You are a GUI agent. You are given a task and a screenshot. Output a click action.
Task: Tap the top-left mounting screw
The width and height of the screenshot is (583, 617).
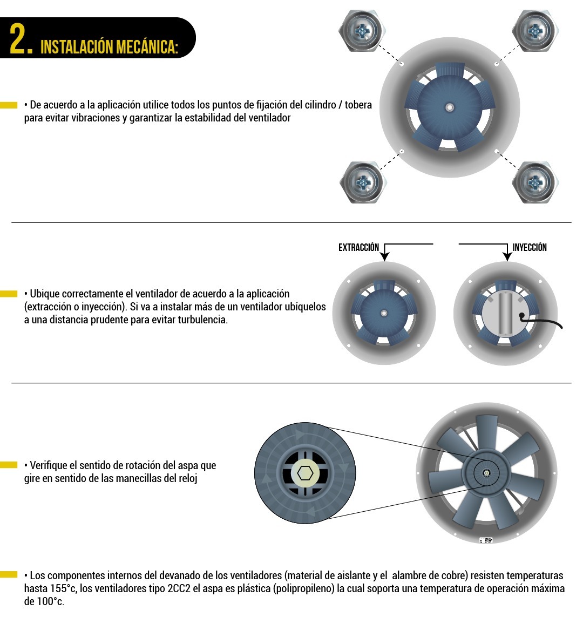pos(362,31)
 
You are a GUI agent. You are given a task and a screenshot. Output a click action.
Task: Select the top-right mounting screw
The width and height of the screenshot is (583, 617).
pos(535,31)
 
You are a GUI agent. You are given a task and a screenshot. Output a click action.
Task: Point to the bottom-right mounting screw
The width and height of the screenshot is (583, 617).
pos(535,182)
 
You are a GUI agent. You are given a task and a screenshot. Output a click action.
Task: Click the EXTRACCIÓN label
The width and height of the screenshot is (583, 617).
pos(358,248)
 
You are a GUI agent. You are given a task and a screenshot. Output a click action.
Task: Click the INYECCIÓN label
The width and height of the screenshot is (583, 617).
pos(530,248)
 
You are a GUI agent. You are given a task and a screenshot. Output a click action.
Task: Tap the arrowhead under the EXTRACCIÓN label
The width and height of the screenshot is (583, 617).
pos(385,256)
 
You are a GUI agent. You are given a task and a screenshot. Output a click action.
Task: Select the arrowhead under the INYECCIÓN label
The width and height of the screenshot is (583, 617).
pos(507,256)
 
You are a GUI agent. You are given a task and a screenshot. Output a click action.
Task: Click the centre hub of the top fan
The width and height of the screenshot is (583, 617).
pos(449,107)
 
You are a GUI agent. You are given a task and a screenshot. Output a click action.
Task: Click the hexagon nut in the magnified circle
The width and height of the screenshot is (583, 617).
pos(305,473)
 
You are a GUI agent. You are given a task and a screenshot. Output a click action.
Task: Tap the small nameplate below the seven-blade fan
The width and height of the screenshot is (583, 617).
pos(486,540)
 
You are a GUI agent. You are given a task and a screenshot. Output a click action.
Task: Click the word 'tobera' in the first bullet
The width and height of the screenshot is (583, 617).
pos(358,105)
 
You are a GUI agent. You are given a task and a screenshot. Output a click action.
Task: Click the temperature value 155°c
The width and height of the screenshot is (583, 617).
pos(63,589)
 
